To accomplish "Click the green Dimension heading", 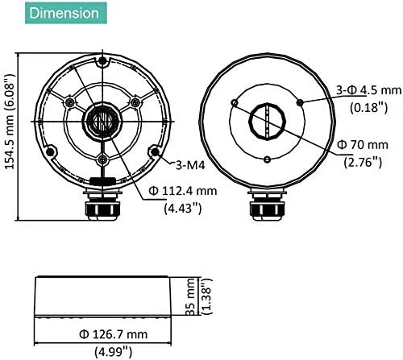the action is [66, 13].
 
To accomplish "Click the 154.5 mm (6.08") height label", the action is [10, 122].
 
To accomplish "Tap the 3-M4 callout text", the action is [190, 165].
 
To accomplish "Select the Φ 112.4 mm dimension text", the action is [183, 191].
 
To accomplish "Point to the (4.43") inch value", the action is [183, 208].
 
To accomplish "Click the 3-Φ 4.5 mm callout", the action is [369, 90].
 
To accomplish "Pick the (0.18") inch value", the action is [368, 107].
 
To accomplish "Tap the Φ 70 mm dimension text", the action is [363, 145].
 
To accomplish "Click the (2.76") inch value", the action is [363, 162].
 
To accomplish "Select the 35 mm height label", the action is [191, 296].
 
